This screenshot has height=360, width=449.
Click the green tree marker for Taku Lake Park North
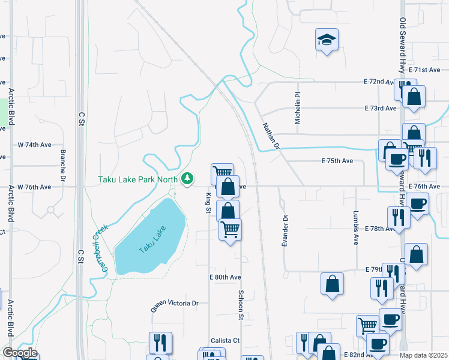point(188,178)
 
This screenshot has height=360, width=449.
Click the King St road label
point(208,202)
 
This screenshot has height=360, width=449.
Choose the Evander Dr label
point(285,231)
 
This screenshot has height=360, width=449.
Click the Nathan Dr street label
point(271,136)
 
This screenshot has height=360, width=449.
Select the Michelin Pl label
point(297,109)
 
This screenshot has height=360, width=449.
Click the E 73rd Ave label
point(380,108)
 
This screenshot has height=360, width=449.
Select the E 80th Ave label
point(225,277)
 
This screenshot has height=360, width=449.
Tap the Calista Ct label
point(224,340)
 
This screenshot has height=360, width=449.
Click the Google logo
point(19,353)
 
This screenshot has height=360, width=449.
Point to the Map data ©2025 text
point(423,355)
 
